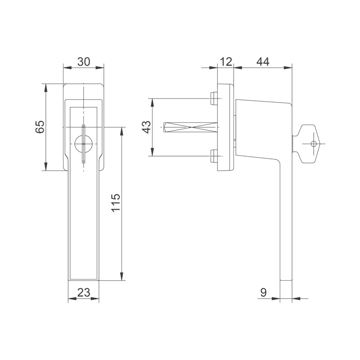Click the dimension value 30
point(84,62)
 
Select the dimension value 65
point(40,127)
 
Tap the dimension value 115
point(116,203)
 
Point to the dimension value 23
point(84,293)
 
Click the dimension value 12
point(226,62)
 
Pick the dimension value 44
point(263,62)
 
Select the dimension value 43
point(147,127)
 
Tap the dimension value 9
point(264,293)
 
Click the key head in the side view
point(308,144)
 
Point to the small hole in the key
point(313,144)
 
